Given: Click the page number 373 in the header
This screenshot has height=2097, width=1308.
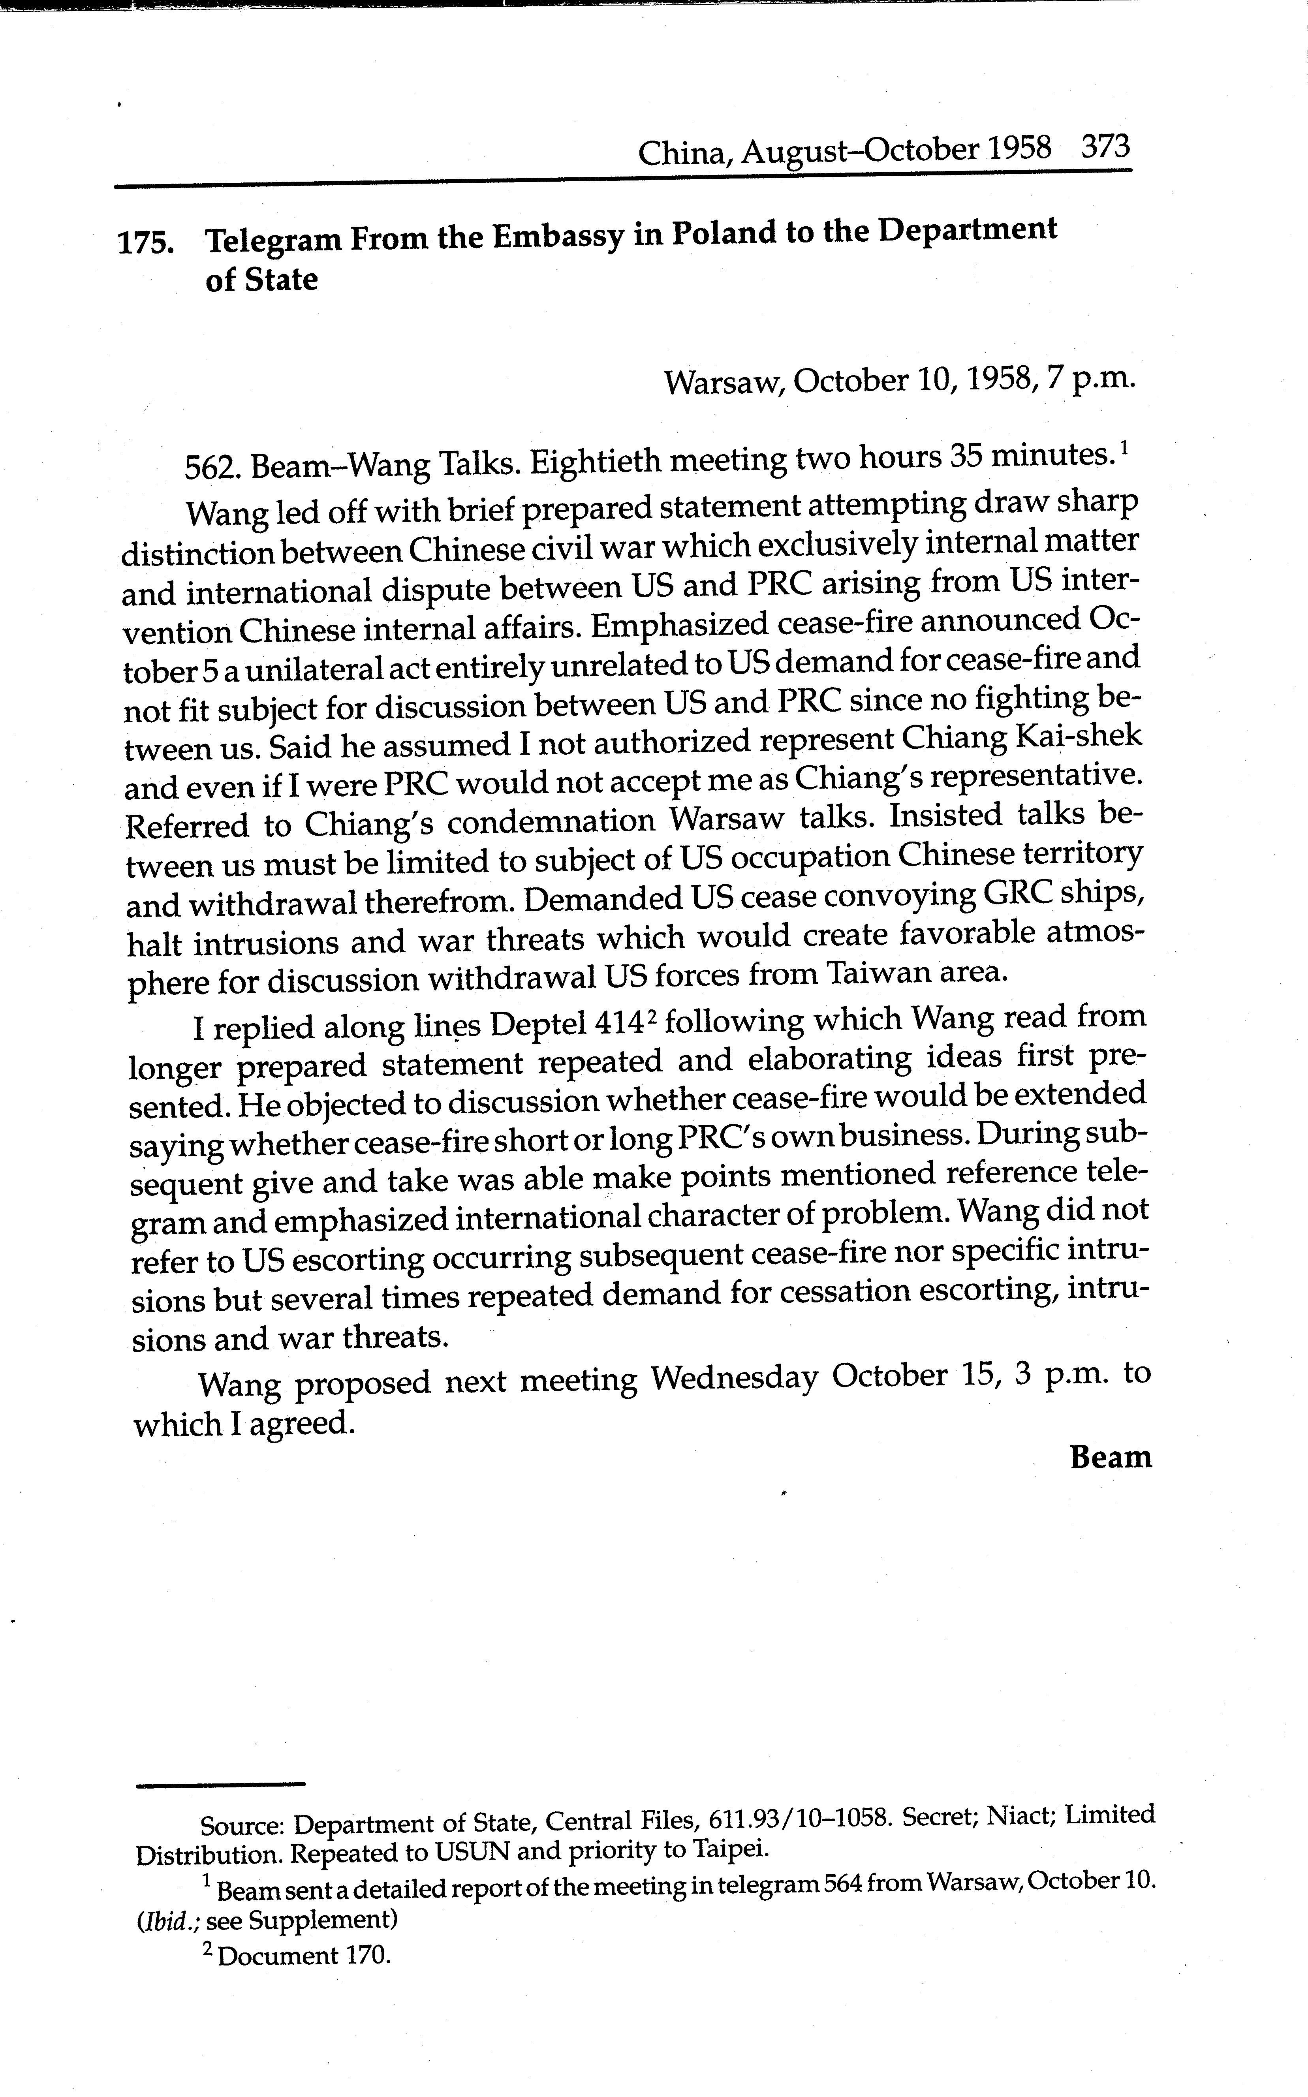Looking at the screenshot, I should [1105, 147].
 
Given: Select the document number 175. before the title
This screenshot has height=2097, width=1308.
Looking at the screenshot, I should [145, 243].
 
